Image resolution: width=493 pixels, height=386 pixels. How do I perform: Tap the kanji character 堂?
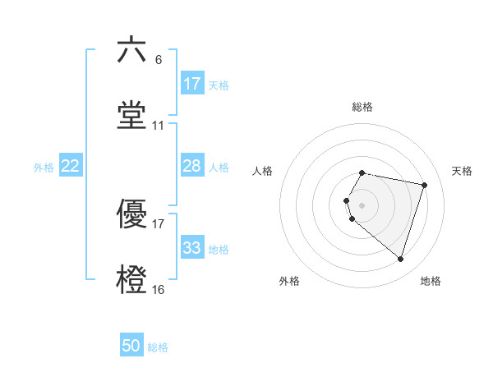[131, 116]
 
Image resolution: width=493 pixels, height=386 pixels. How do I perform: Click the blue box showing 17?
[192, 83]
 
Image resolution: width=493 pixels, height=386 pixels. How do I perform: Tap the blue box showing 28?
[192, 166]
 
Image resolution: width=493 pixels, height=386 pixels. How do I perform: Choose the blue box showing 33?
[192, 248]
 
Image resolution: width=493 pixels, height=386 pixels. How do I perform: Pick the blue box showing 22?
[71, 166]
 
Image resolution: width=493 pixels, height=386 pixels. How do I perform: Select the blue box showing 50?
[131, 346]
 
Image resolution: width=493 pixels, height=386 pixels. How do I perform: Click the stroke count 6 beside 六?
[159, 59]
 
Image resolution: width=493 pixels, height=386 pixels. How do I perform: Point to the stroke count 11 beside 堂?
[159, 126]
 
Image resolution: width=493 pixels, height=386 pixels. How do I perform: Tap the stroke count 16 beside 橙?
[159, 290]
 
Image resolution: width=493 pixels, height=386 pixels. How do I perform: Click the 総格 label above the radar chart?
[362, 107]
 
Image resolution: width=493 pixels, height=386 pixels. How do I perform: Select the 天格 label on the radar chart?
[463, 171]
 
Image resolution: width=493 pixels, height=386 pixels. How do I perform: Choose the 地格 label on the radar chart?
[431, 281]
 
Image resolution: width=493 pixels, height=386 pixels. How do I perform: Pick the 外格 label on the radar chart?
[289, 281]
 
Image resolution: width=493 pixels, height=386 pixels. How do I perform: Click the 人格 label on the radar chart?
[263, 171]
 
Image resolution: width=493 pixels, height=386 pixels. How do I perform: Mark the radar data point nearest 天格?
[424, 185]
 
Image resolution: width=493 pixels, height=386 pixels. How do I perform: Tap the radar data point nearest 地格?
[400, 260]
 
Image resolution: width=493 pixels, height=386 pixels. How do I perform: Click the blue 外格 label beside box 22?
[44, 167]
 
